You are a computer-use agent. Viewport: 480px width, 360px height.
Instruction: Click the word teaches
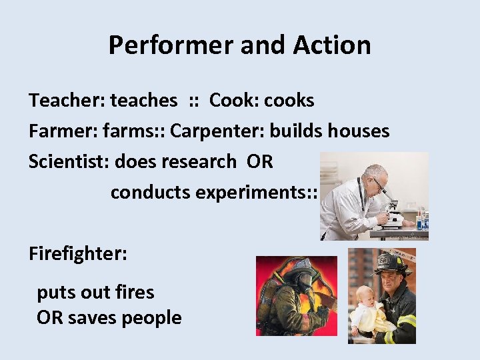(144, 101)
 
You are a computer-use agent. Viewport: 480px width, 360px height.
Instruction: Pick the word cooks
(289, 101)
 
